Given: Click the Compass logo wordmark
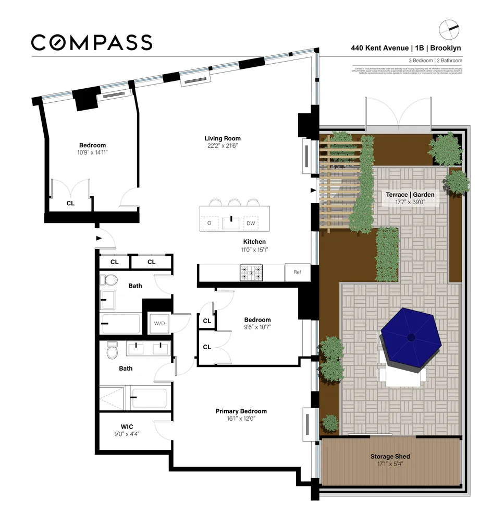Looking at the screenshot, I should tap(91, 42).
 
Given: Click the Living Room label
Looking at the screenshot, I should tap(223, 138).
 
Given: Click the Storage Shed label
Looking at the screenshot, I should tap(390, 457).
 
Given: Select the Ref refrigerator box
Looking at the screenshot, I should tap(298, 272).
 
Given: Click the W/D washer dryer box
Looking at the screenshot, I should tap(159, 323).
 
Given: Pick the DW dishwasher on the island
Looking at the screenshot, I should tap(251, 223).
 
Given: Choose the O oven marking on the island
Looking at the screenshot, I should tap(209, 223).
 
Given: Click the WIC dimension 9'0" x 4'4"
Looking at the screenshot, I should tap(127, 434).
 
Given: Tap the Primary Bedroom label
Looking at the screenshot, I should tap(241, 411).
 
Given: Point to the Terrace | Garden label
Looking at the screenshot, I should tap(410, 195).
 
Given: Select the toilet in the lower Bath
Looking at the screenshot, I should tap(112, 351).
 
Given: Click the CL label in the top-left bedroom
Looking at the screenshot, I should tap(70, 204).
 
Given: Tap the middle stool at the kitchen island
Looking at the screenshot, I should tap(234, 203).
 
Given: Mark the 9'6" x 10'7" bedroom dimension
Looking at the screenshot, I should tap(257, 327).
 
